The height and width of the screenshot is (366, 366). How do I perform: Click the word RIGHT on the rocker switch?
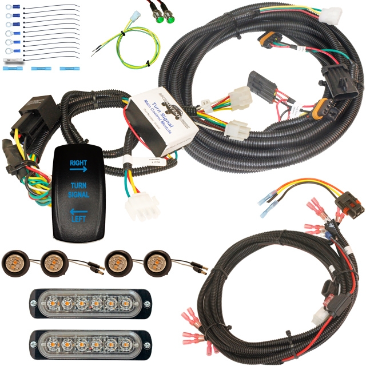pyautogui.click(x=78, y=162)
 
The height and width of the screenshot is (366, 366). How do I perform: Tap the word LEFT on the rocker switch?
pyautogui.click(x=78, y=217)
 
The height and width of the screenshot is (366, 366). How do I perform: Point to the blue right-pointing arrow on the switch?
pyautogui.click(x=78, y=169)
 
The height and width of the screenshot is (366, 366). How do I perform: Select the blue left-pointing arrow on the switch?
pyautogui.click(x=78, y=210)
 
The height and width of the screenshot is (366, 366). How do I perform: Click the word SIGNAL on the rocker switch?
pyautogui.click(x=79, y=194)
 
